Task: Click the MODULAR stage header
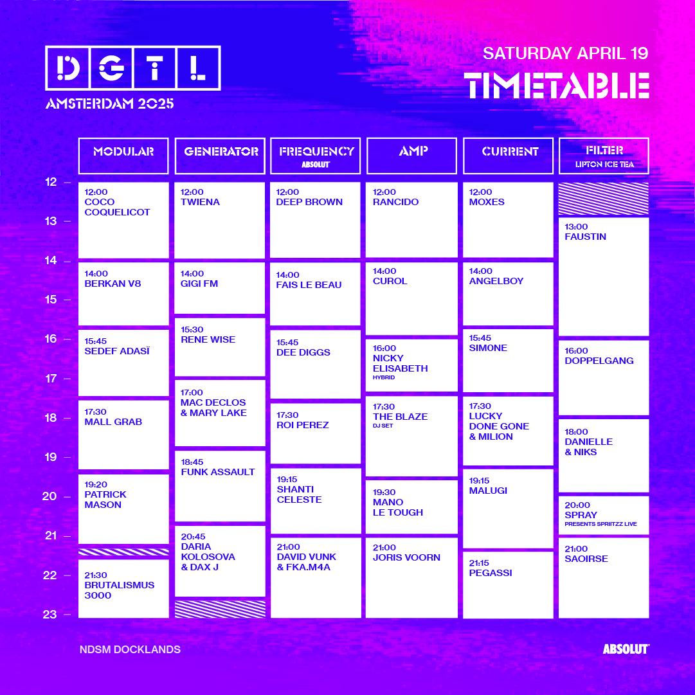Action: [123, 156]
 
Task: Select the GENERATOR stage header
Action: [220, 156]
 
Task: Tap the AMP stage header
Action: [411, 156]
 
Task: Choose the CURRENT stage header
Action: [509, 156]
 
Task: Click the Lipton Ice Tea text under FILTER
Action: [604, 165]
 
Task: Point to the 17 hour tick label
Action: [51, 379]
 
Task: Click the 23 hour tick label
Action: [50, 615]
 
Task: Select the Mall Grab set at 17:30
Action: [123, 435]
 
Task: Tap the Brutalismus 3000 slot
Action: [123, 589]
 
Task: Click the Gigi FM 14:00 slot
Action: [219, 288]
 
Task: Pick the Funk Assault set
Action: [220, 486]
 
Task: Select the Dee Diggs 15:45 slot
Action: [315, 365]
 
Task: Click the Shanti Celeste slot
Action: [316, 501]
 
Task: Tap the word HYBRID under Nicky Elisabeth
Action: [384, 377]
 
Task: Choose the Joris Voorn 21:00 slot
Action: [411, 578]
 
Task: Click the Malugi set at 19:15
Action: [508, 509]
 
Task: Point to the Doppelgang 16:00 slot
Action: [604, 377]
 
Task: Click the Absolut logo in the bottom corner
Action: [626, 649]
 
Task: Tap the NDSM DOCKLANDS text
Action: [130, 650]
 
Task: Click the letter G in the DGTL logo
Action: [111, 68]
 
